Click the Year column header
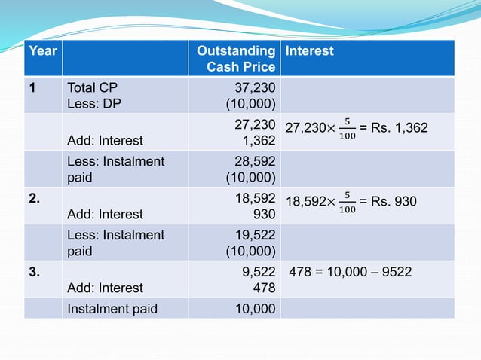(x=42, y=51)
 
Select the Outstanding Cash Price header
(x=235, y=59)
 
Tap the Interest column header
(x=309, y=51)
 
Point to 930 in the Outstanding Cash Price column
(x=265, y=213)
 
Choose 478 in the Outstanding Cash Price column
(x=265, y=287)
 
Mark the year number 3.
(x=35, y=272)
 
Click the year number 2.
(x=35, y=198)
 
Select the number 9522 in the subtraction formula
(x=397, y=272)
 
